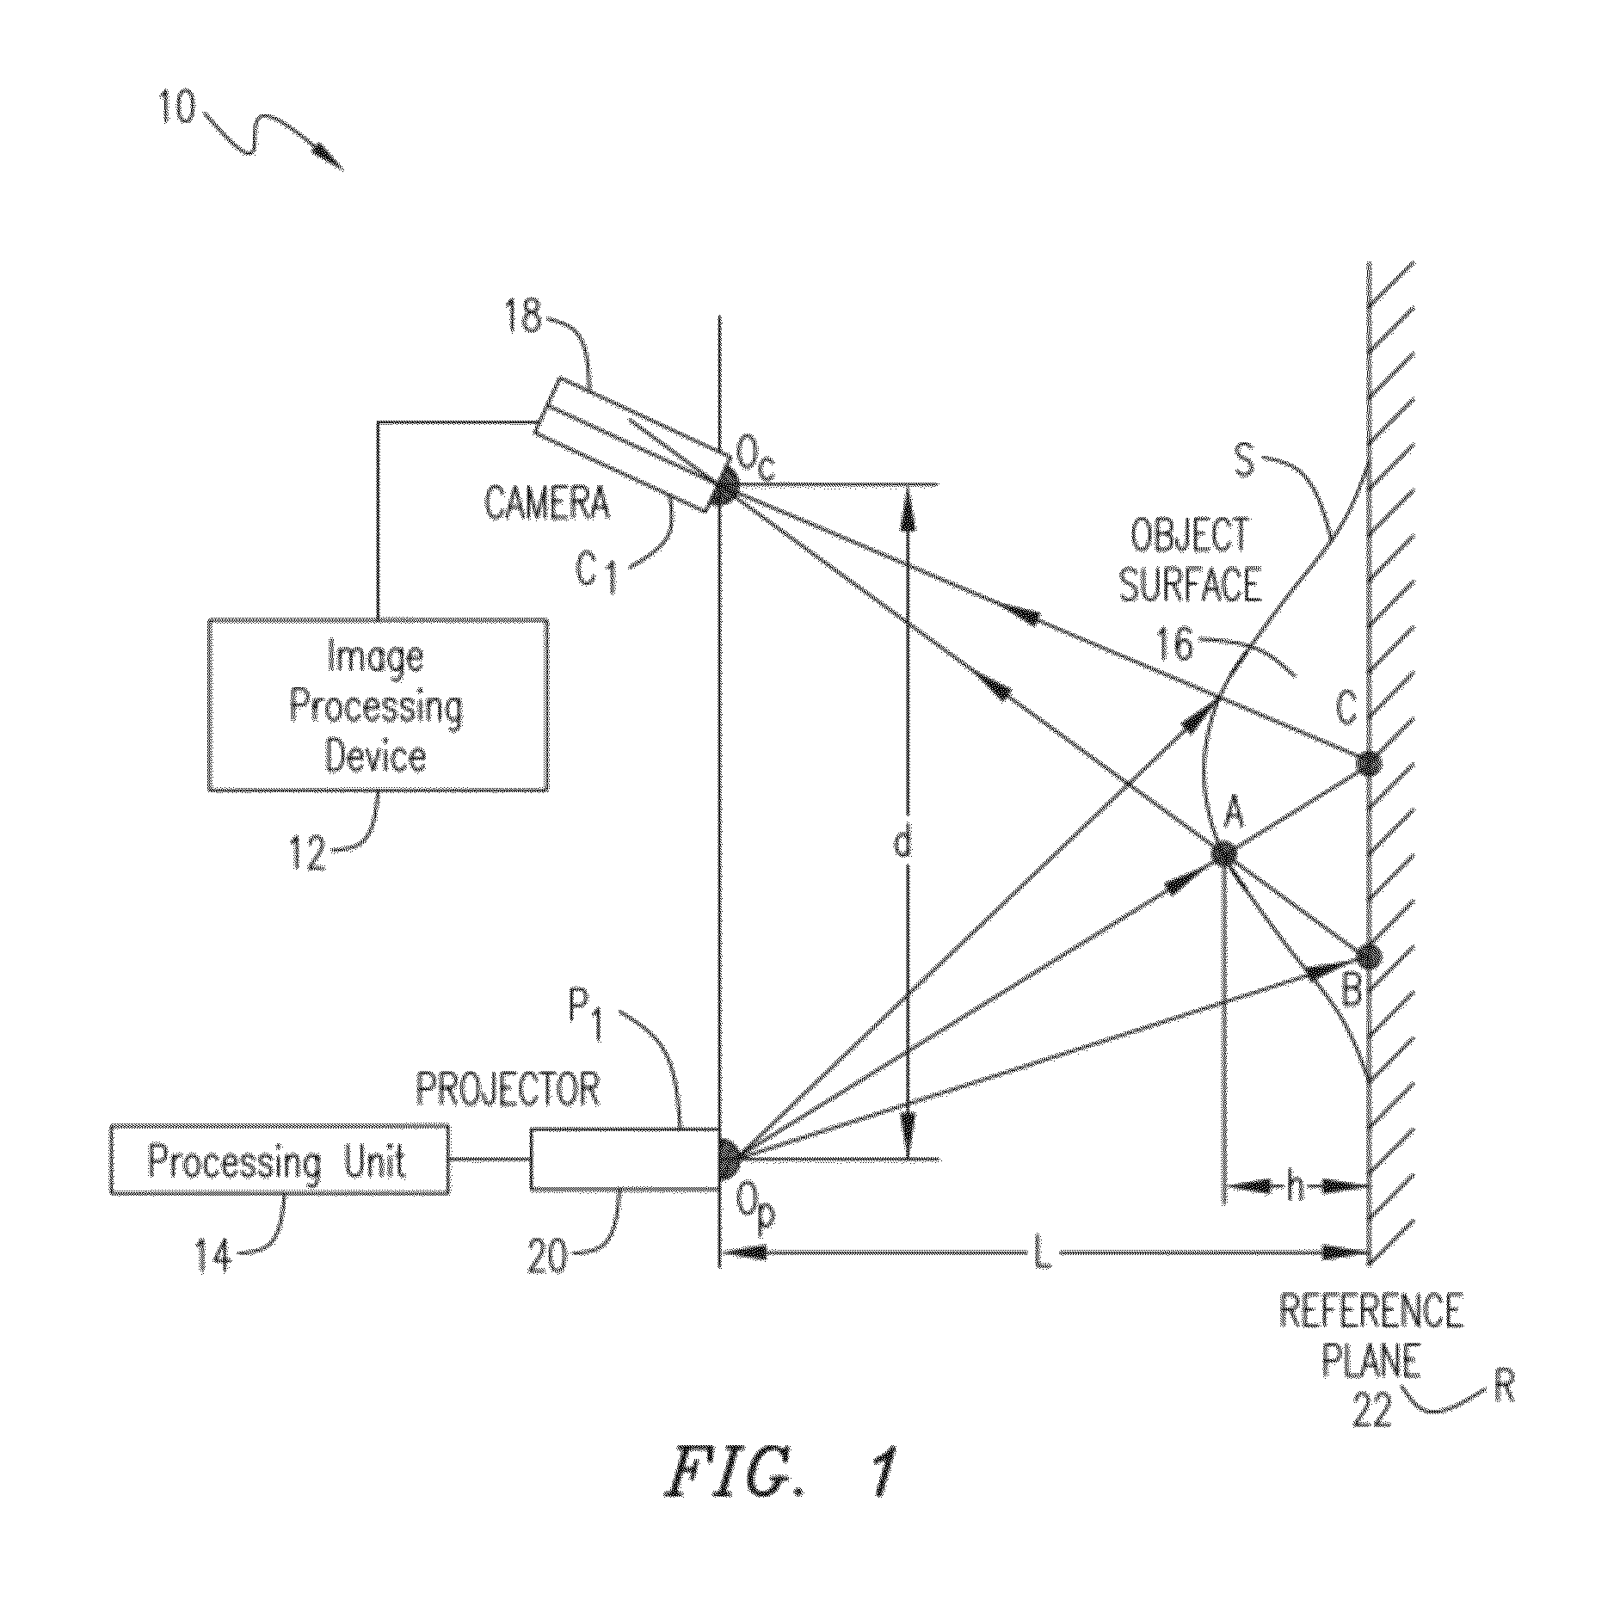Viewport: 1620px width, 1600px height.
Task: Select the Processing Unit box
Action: (x=280, y=1160)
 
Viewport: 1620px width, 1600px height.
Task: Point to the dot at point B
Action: (x=1367, y=957)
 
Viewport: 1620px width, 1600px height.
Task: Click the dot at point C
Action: (x=1367, y=762)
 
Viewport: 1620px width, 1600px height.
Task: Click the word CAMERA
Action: (x=547, y=503)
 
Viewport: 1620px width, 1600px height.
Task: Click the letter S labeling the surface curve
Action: (x=1243, y=461)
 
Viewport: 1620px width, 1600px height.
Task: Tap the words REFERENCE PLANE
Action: (x=1371, y=1337)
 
